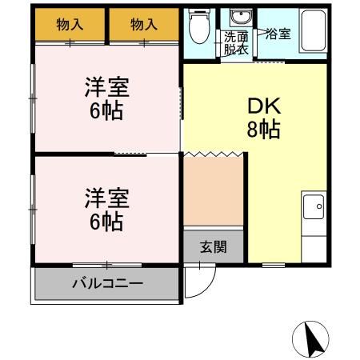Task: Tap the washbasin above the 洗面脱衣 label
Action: coord(238,19)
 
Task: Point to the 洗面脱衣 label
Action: coord(235,42)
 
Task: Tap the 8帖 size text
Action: coord(262,130)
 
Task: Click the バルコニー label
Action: coord(106,283)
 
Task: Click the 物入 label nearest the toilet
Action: coord(144,25)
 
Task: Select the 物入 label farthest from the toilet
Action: coord(70,25)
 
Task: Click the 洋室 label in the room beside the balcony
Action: coord(106,197)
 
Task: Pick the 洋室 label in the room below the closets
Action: coord(106,87)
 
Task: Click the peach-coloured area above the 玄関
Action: coord(213,192)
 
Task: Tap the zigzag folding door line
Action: coord(214,152)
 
